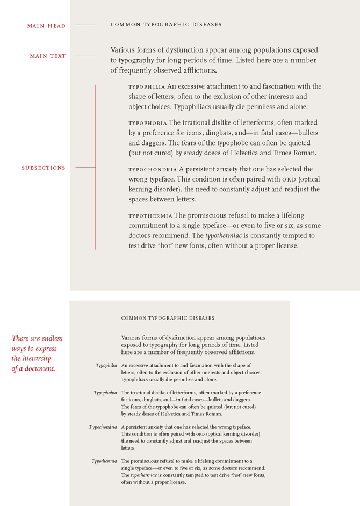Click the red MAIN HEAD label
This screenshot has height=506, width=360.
(47, 26)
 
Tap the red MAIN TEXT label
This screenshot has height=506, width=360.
(48, 56)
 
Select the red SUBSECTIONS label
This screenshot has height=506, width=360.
(44, 168)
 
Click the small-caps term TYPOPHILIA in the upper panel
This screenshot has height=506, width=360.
(147, 86)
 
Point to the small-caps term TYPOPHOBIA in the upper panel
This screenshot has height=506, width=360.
(147, 124)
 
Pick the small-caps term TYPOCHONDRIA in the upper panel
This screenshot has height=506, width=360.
(153, 169)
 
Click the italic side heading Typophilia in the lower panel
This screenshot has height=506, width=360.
(106, 365)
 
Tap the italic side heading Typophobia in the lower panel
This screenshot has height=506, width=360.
(105, 393)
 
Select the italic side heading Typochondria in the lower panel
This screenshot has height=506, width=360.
(103, 427)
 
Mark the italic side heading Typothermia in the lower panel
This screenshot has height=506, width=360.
(104, 461)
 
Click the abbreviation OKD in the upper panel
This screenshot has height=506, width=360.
(289, 179)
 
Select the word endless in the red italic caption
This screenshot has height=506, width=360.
(48, 338)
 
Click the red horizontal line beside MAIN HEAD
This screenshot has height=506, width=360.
(84, 25)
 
